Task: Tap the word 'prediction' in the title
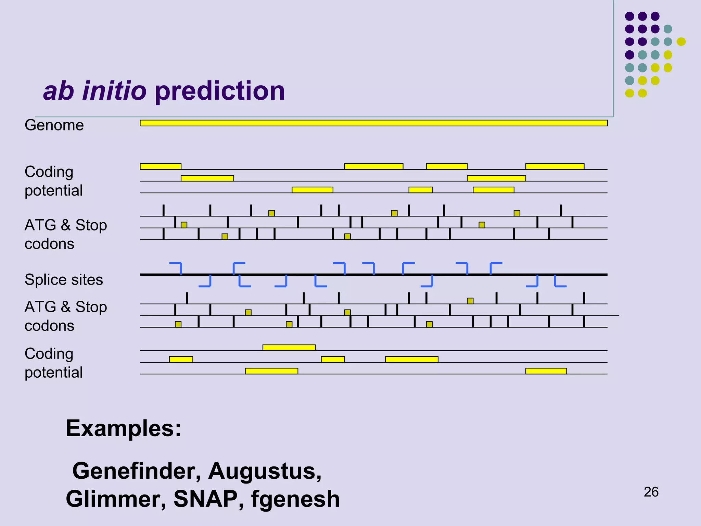pyautogui.click(x=220, y=91)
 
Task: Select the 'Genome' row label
pyautogui.click(x=54, y=125)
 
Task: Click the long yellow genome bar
pyautogui.click(x=373, y=123)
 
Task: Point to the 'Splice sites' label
pyautogui.click(x=64, y=280)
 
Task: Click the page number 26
pyautogui.click(x=651, y=492)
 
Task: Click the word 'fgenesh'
pyautogui.click(x=295, y=500)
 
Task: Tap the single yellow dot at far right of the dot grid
pyautogui.click(x=681, y=42)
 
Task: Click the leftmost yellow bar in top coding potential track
pyautogui.click(x=161, y=166)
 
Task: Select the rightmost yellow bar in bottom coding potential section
pyautogui.click(x=546, y=371)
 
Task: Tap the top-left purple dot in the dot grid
pyautogui.click(x=629, y=16)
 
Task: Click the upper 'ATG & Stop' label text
pyautogui.click(x=66, y=225)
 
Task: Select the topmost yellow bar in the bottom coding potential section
pyautogui.click(x=289, y=348)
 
